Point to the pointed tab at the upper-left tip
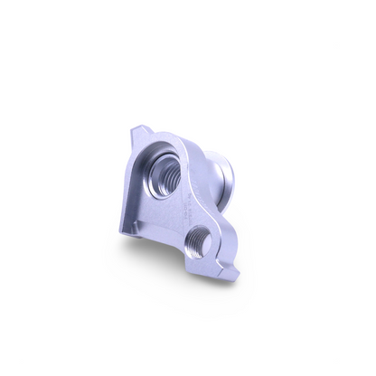(136, 128)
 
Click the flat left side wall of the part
(127, 190)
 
